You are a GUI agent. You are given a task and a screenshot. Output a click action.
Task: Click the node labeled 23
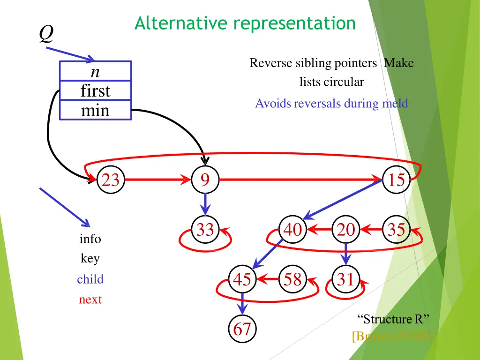pyautogui.click(x=111, y=180)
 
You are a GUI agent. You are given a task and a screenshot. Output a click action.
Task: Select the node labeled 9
pyautogui.click(x=205, y=180)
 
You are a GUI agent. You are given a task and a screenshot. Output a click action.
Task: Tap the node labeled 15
pyautogui.click(x=397, y=180)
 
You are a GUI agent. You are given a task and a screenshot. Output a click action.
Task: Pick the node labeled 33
pyautogui.click(x=205, y=229)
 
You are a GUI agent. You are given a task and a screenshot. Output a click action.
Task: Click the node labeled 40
pyautogui.click(x=292, y=229)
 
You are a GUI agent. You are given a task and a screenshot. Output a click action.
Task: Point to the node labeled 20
pyautogui.click(x=346, y=229)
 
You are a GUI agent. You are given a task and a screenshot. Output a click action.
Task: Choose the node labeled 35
pyautogui.click(x=397, y=229)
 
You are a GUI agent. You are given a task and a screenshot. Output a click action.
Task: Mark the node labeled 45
pyautogui.click(x=242, y=279)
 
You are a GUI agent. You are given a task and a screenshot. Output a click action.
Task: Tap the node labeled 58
pyautogui.click(x=292, y=279)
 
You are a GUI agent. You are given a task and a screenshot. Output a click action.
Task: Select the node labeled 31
pyautogui.click(x=346, y=279)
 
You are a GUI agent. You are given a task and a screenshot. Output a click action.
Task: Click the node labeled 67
pyautogui.click(x=242, y=329)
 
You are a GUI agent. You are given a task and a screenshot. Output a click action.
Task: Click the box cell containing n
pyautogui.click(x=96, y=71)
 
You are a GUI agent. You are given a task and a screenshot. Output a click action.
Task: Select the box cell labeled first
pyautogui.click(x=96, y=90)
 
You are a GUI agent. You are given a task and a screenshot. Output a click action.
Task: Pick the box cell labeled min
pyautogui.click(x=96, y=110)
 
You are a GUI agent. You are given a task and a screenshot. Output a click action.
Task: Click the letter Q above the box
pyautogui.click(x=46, y=34)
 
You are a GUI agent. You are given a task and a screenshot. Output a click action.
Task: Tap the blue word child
pyautogui.click(x=90, y=279)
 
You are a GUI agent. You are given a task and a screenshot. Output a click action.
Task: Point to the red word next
pyautogui.click(x=90, y=300)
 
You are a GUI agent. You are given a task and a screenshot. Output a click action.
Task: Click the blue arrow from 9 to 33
pyautogui.click(x=205, y=204)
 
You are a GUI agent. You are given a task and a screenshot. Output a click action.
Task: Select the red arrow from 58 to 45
pyautogui.click(x=268, y=279)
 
